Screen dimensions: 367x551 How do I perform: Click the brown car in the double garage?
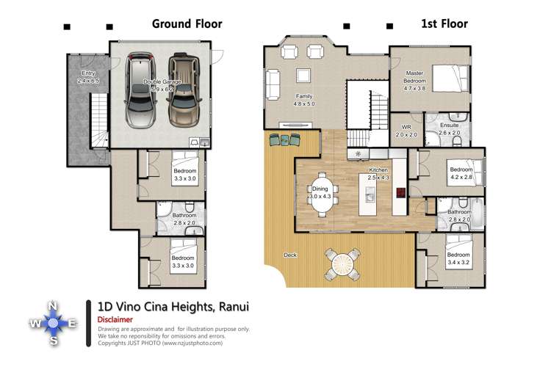(x=183, y=90)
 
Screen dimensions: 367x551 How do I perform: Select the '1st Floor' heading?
(x=444, y=23)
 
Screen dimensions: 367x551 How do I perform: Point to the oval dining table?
(x=322, y=194)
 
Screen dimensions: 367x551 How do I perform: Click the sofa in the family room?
(x=273, y=84)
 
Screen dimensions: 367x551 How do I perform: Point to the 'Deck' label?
(x=289, y=255)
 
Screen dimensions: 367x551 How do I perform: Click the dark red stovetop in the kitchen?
(x=401, y=194)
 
